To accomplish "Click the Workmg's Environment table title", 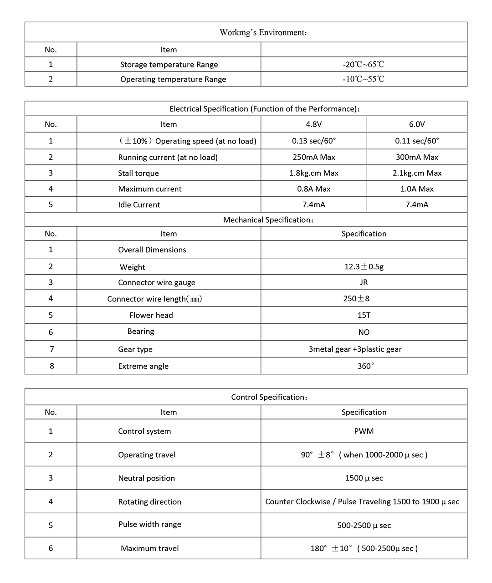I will pyautogui.click(x=263, y=32).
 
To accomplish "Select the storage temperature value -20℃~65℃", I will pyautogui.click(x=364, y=64).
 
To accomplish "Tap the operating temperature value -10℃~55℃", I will pyautogui.click(x=364, y=79).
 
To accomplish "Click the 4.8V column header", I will pyautogui.click(x=313, y=124).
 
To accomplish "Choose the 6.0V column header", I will pyautogui.click(x=417, y=124).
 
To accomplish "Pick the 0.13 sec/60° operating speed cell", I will pyautogui.click(x=313, y=141).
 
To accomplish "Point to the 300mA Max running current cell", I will pyautogui.click(x=417, y=157).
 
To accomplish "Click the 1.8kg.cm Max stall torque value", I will pyautogui.click(x=313, y=173).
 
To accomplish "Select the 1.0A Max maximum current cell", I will pyautogui.click(x=417, y=189).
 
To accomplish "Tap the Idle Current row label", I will pyautogui.click(x=139, y=205).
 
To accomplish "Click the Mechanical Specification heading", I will pyautogui.click(x=268, y=220).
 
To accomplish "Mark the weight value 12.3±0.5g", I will pyautogui.click(x=364, y=266).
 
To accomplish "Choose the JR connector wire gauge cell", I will pyautogui.click(x=364, y=282).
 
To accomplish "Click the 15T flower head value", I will pyautogui.click(x=364, y=315).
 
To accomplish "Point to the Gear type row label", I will pyautogui.click(x=135, y=349).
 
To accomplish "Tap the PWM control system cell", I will pyautogui.click(x=364, y=431).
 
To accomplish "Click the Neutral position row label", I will pyautogui.click(x=146, y=478).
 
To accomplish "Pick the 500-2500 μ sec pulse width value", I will pyautogui.click(x=364, y=525).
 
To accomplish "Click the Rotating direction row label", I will pyautogui.click(x=149, y=501).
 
